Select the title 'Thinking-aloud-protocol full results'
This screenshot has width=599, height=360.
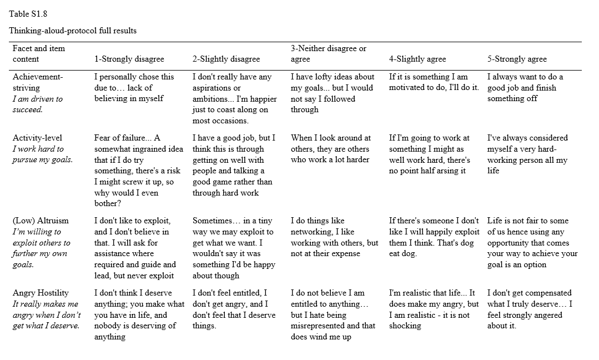73,31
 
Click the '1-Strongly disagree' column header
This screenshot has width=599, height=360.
128,59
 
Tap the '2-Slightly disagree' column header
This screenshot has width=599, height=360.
226,59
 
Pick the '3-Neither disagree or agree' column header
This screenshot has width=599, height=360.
328,54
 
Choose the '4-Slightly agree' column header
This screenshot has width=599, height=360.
417,59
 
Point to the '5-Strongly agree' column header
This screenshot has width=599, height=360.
517,59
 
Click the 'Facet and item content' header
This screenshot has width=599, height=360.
38,54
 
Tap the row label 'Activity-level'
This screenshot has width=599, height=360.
37,138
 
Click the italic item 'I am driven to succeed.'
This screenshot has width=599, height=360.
38,104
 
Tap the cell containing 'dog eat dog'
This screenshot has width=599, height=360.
434,237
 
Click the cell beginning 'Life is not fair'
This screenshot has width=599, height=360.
532,243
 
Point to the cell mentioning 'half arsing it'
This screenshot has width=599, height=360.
429,154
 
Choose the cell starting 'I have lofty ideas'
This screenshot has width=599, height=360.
332,93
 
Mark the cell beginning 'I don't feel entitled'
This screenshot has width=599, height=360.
234,309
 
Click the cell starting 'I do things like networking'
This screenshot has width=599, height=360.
334,237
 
